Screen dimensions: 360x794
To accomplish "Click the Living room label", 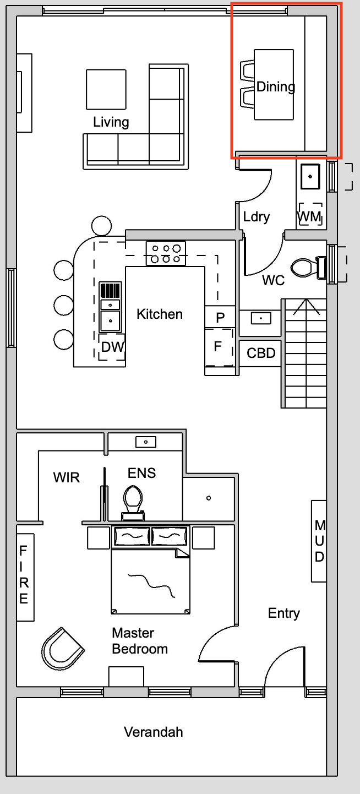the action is click(x=111, y=122).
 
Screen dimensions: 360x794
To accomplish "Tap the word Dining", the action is click(x=276, y=87).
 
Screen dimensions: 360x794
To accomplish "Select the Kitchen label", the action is click(x=160, y=314).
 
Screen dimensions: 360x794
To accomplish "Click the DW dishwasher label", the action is click(x=113, y=347).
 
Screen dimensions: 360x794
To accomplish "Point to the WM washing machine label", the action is click(x=309, y=216).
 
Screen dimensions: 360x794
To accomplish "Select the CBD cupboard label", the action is click(x=261, y=353).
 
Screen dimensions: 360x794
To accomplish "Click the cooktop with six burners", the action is click(x=166, y=253).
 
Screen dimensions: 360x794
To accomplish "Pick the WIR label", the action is click(x=67, y=477).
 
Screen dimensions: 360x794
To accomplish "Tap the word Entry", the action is click(x=284, y=613).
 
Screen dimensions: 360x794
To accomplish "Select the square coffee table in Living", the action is click(x=106, y=89).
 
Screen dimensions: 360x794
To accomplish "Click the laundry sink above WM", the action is click(x=310, y=176).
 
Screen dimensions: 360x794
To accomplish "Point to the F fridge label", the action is click(x=217, y=346).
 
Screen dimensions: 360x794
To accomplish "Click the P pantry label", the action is click(x=220, y=318).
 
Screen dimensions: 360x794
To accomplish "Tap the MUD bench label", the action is click(x=320, y=541).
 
